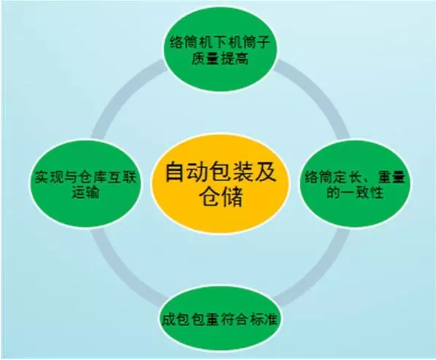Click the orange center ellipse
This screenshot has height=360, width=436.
coord(221,184)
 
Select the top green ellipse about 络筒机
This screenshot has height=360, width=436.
coord(221,48)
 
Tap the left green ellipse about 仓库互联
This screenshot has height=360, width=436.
coord(86,183)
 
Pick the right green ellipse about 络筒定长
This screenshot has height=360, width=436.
coord(356,183)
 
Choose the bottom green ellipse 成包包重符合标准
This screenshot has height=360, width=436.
coord(220,319)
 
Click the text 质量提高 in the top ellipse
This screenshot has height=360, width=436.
coord(220,59)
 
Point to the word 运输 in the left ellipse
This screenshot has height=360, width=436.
coord(86,192)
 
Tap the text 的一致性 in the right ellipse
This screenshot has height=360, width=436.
coord(355,192)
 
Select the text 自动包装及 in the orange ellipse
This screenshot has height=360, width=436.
coord(221,172)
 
